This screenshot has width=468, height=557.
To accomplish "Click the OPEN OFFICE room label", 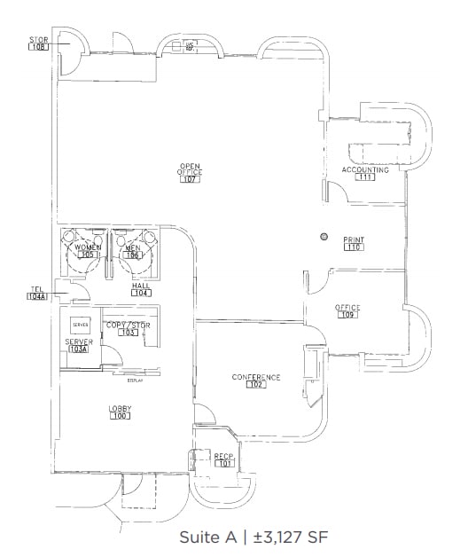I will pos(190,169).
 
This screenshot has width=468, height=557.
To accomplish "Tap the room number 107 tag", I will pos(190,179).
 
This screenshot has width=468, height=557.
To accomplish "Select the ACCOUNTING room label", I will pos(364,169).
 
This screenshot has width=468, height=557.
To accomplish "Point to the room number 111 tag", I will pos(365,177).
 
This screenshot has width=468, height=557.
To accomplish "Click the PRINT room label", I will pos(355,239).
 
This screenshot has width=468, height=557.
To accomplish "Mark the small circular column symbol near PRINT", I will pos(324,237).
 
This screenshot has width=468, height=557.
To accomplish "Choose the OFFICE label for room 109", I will pos(347,307).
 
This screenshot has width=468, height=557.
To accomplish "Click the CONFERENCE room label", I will pos(256,377).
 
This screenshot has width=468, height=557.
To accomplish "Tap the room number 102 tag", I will pos(256,385).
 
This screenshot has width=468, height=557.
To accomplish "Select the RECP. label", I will pos(223,455).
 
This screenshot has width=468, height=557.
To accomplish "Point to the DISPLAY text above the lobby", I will pos(135,380).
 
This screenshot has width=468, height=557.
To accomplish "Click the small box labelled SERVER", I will pos(82,326).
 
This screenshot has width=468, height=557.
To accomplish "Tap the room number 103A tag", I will pos(79,349).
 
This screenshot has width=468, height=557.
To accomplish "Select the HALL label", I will pos(140,285).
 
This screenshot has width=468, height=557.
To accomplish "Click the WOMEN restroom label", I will pos(87,247).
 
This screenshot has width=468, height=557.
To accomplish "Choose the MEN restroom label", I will pos(133,247).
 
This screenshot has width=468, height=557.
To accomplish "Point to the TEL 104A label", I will pos(37,293).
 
